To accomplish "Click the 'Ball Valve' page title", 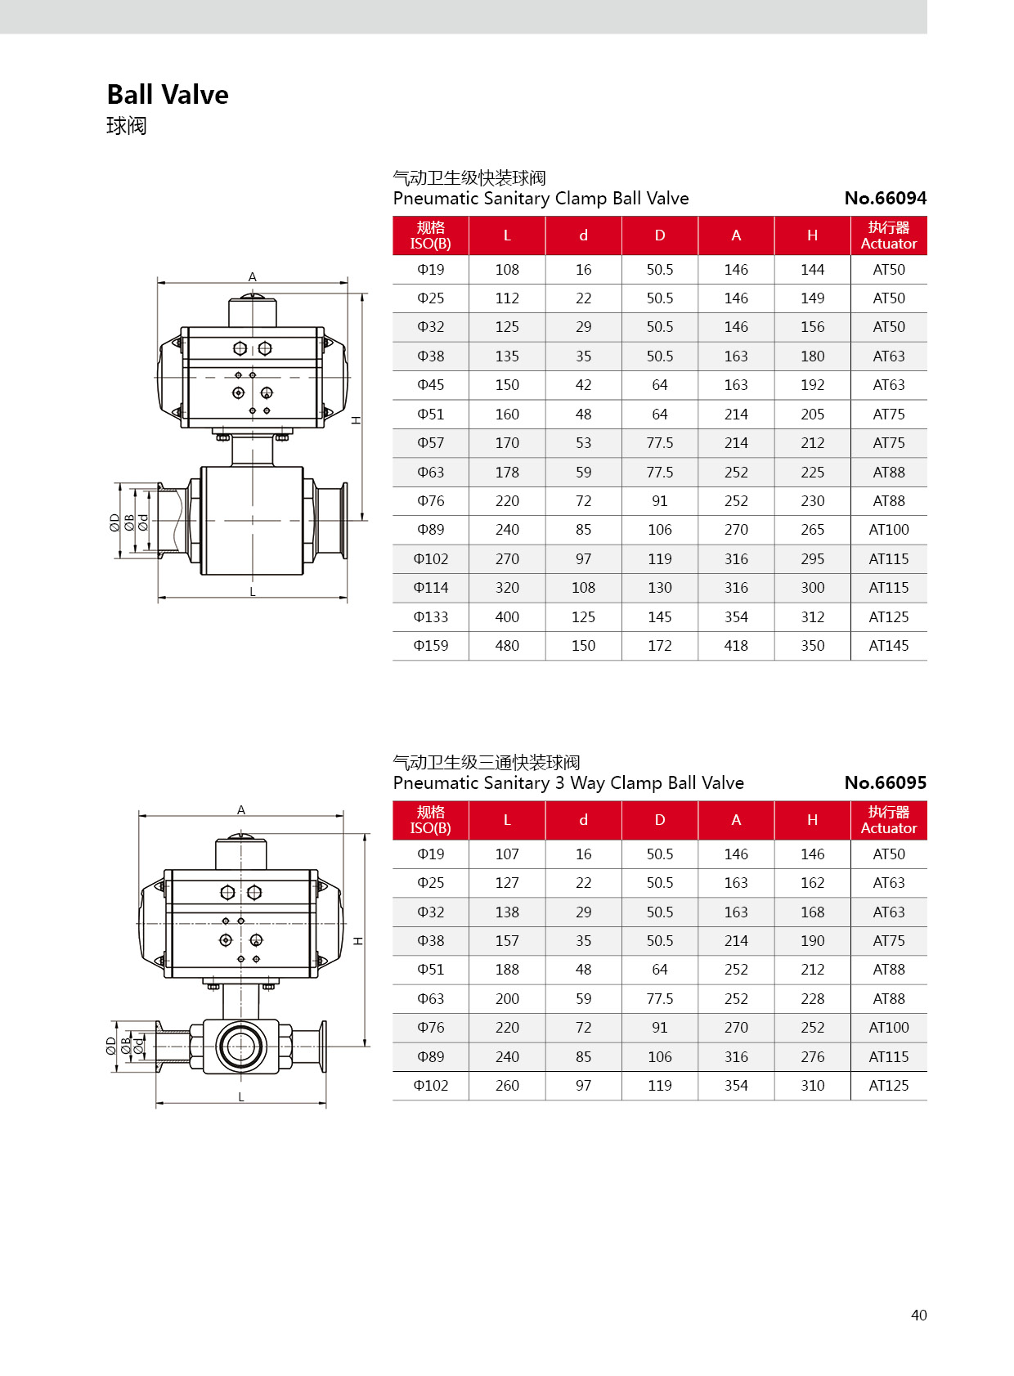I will [x=168, y=95].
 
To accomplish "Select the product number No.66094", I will [x=885, y=198].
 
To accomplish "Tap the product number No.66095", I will [x=885, y=782].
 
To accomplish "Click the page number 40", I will [x=918, y=1315].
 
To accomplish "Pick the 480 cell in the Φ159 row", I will [x=507, y=646].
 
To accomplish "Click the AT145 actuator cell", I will [x=888, y=646].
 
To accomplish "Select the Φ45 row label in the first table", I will [x=430, y=385].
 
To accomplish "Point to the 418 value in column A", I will [x=736, y=646].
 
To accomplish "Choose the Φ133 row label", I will [x=430, y=617].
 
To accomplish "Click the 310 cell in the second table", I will [x=812, y=1086].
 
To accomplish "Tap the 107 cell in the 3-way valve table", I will [x=507, y=854].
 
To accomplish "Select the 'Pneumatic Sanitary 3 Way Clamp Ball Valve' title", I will [x=568, y=782].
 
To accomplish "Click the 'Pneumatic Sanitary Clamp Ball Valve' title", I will [x=541, y=198].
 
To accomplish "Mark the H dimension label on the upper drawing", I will [x=357, y=420].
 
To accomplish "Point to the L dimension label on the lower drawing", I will [x=241, y=1097].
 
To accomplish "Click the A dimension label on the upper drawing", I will [x=253, y=277].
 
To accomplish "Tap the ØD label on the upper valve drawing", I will [x=115, y=522].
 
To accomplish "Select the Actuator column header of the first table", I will [x=888, y=235].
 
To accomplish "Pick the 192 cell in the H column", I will [x=812, y=385].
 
